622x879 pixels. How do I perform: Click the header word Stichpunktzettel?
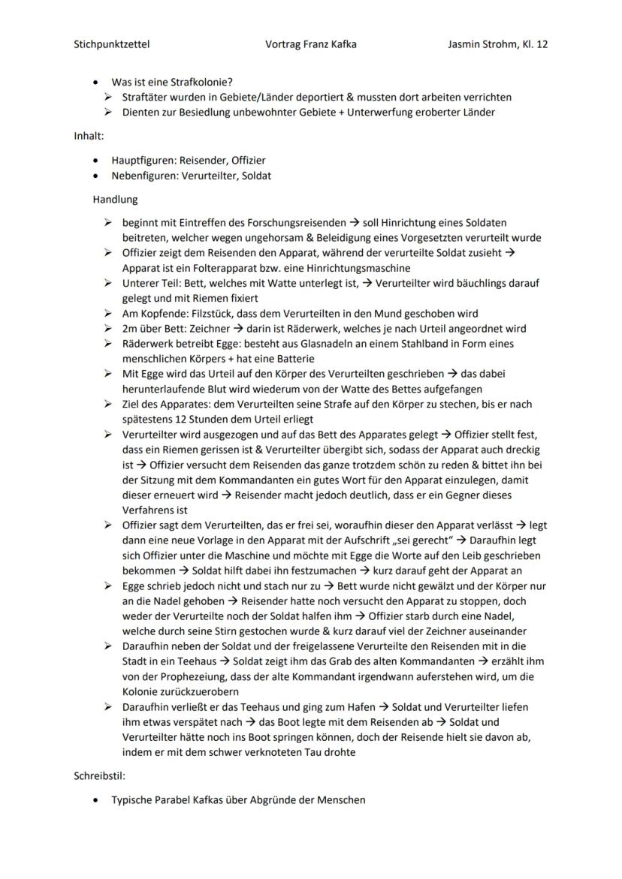tap(111, 44)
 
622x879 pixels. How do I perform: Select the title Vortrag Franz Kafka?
tap(311, 44)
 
